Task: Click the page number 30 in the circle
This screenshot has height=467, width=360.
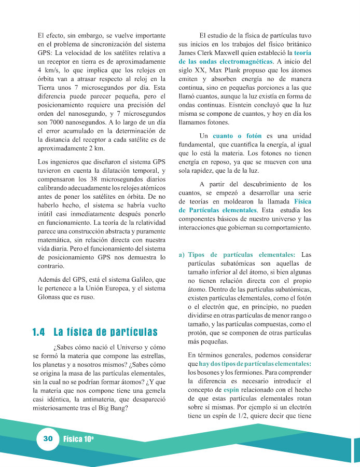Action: pyautogui.click(x=48, y=438)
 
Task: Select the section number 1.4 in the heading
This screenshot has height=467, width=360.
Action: pyautogui.click(x=39, y=332)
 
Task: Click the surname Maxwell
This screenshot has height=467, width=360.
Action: pyautogui.click(x=229, y=53)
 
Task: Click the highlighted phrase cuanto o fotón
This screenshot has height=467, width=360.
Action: pyautogui.click(x=237, y=135)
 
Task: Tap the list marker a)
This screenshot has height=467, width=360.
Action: pyautogui.click(x=182, y=255)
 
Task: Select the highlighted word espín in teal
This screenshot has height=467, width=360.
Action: pyautogui.click(x=231, y=389)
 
